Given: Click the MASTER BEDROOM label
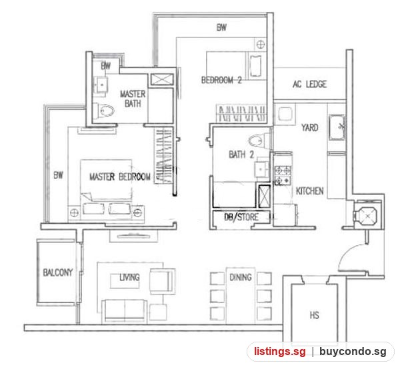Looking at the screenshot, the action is pos(120,177).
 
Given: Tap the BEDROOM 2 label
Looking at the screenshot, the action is pos(221,80).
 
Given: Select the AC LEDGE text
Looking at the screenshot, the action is pos(310,84).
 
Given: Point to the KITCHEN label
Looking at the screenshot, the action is pos(310,191).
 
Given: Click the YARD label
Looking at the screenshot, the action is pos(310,127).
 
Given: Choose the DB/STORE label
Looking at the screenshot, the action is pos(241,217).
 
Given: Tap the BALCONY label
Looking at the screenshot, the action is pos(58,272).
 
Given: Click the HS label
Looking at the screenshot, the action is pos(314,315).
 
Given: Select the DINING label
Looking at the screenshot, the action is pos(241,277).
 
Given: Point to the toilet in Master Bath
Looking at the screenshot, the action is pos(103,111).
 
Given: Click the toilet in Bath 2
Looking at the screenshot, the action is pos(259,141).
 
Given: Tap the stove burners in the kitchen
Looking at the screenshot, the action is pos(283,175).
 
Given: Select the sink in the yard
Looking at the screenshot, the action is pos(337,127).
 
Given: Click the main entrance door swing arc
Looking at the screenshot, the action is pos(349,253).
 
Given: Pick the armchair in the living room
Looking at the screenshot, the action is pos(163,281).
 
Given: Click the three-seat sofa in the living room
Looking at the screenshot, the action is pos(124,311).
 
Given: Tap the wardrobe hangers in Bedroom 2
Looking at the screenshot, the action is pos(241,113).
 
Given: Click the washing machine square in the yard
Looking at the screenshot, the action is pos(285,113).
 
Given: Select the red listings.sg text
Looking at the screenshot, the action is pos(279,352).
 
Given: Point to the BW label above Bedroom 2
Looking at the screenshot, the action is pos(221,27).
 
